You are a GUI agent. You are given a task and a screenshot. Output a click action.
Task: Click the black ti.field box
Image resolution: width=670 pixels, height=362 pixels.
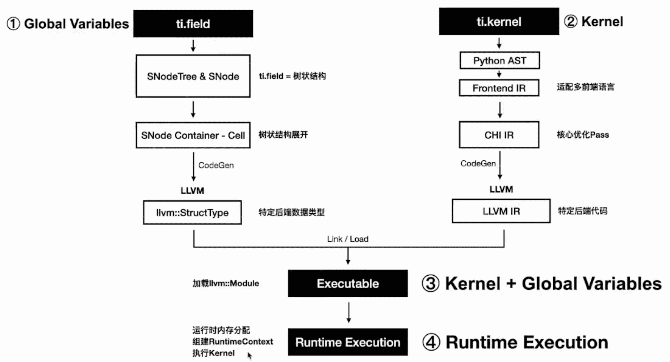193,24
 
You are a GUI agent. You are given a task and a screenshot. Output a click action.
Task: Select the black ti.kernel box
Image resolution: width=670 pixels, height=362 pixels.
499,21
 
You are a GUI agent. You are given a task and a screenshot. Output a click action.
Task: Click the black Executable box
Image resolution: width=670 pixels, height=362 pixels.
348,283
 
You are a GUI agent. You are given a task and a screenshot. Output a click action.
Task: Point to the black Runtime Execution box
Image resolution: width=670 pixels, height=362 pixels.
348,342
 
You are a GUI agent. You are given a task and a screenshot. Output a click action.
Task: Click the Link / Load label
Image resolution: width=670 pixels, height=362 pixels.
348,239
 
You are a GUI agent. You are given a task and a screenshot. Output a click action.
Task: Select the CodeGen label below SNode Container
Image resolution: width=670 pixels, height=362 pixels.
216,165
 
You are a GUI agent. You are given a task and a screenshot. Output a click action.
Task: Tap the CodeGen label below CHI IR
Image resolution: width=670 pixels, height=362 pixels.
478,163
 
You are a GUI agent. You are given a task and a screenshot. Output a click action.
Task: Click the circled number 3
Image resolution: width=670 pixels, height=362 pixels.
431,283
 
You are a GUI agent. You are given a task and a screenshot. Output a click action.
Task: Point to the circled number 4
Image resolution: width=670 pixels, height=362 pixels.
431,342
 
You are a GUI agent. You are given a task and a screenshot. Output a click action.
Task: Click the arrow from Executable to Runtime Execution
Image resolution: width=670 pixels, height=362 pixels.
349,312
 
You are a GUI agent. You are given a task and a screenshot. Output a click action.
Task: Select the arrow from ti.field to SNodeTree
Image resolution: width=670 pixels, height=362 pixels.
193,46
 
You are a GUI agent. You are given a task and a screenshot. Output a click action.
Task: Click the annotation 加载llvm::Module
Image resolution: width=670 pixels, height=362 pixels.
226,283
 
